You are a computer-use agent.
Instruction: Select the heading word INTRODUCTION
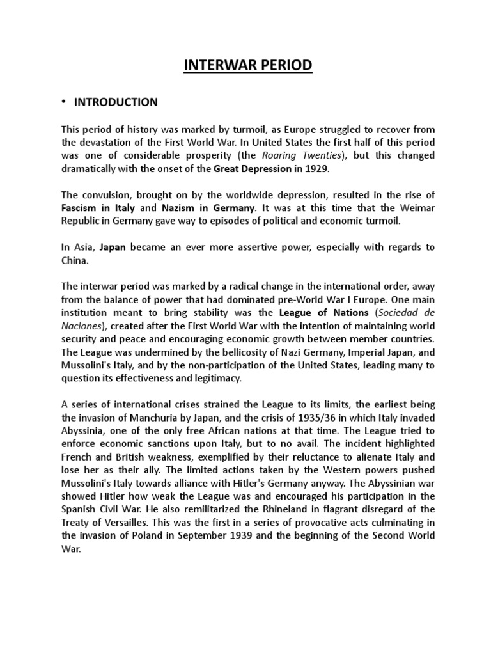point(116,102)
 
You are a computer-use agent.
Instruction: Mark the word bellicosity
point(241,352)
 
